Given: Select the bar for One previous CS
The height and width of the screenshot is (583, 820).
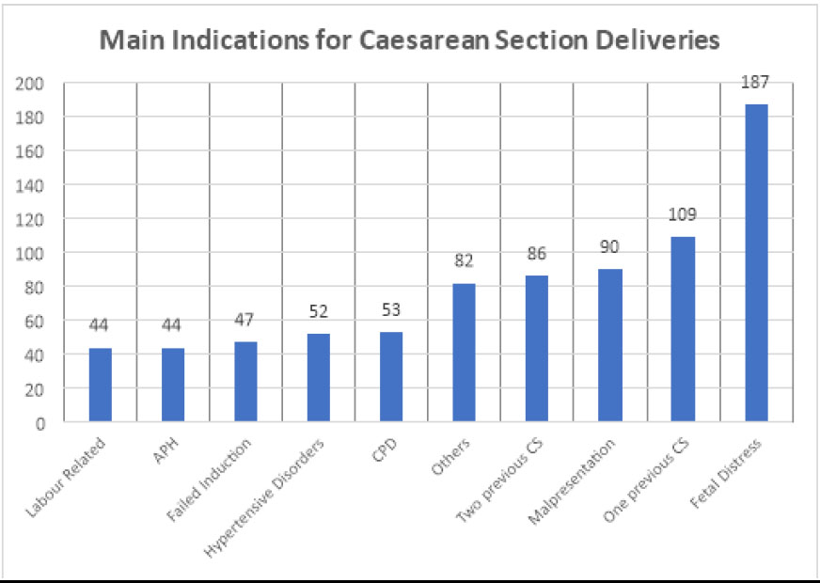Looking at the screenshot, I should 684,329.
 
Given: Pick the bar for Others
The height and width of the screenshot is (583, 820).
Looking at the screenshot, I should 465,353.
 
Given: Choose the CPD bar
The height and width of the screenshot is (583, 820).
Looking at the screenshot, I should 391,376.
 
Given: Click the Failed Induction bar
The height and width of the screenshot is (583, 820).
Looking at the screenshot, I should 245,382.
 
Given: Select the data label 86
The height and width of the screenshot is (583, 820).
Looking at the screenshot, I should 537,254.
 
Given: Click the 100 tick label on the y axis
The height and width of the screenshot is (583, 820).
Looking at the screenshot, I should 33,253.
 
